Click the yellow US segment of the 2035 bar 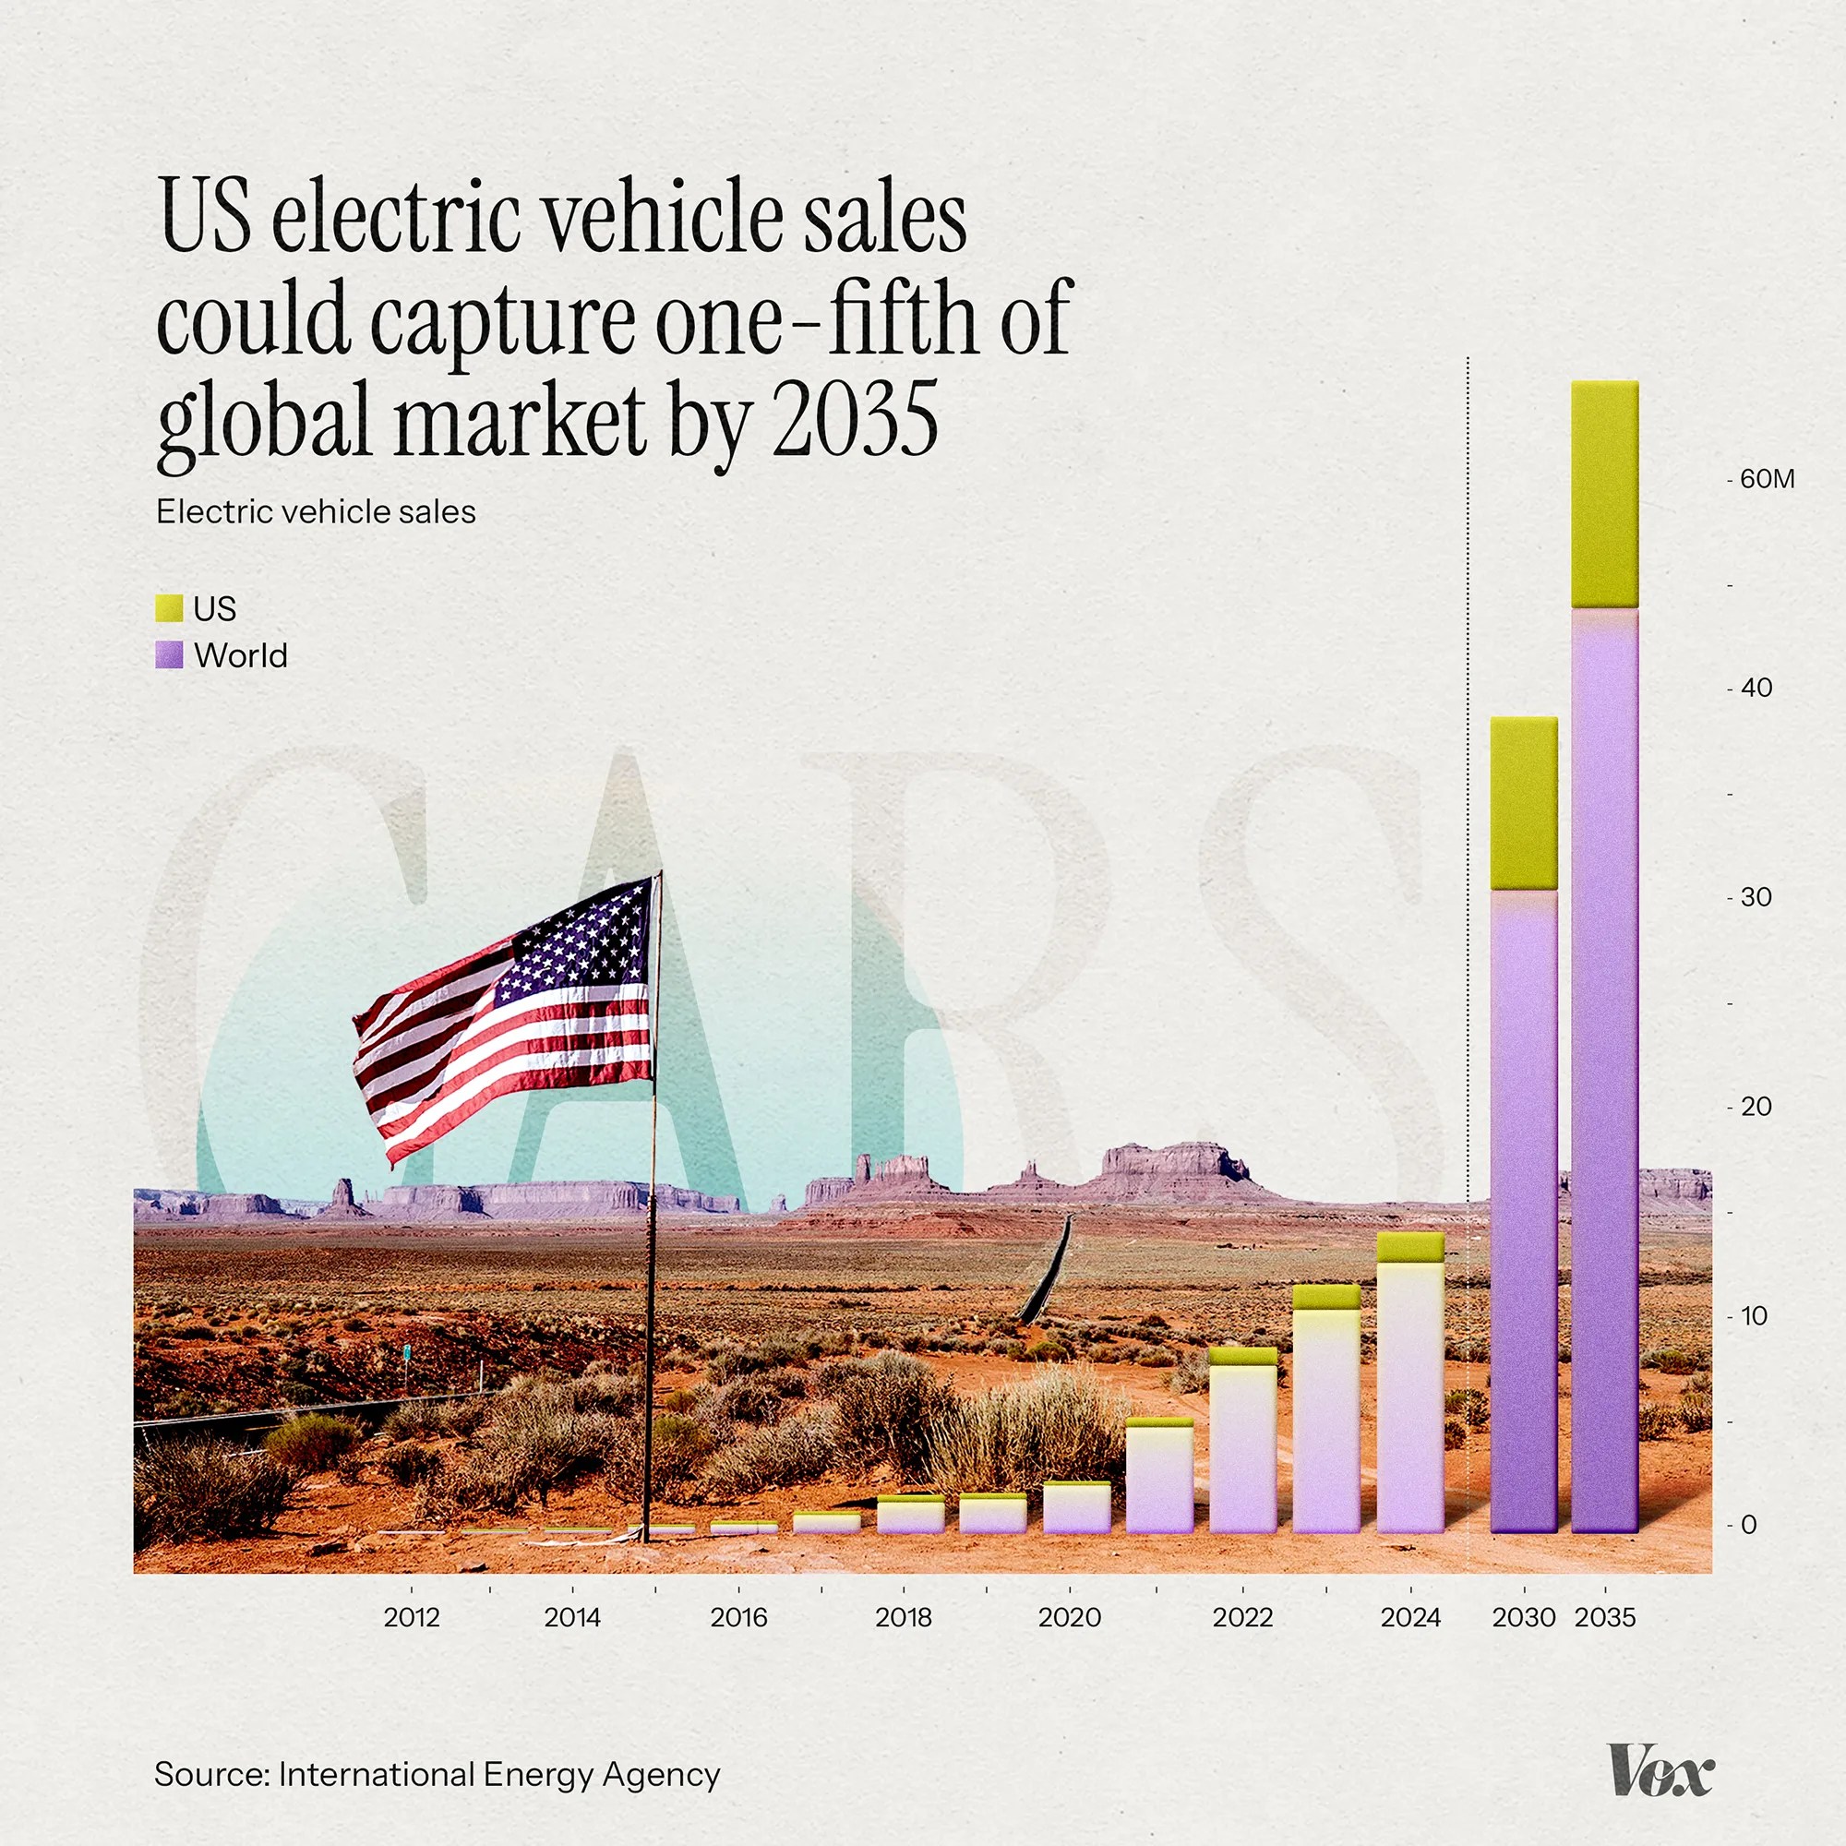coord(1604,494)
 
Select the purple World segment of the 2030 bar coord(1523,1210)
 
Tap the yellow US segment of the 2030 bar coord(1523,803)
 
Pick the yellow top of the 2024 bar coord(1410,1247)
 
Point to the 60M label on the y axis coord(1767,479)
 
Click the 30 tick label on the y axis coord(1756,897)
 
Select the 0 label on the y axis coord(1748,1525)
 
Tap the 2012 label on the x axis coord(411,1617)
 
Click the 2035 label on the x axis coord(1605,1617)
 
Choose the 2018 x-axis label coord(903,1617)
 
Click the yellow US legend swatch coord(169,607)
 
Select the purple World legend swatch coord(169,654)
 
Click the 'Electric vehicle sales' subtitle coord(316,512)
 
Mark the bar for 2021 coord(1159,1476)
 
